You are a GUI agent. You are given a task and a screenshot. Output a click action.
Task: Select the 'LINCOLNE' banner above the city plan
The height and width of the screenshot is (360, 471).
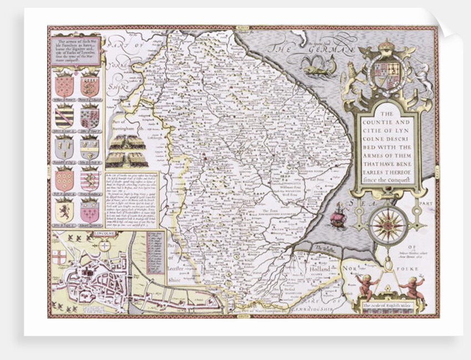click(x=104, y=234)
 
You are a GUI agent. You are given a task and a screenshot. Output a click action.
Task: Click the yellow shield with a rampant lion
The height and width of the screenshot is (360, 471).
click(x=64, y=211)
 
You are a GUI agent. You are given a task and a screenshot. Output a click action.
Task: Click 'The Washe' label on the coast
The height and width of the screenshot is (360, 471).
click(x=322, y=248)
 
